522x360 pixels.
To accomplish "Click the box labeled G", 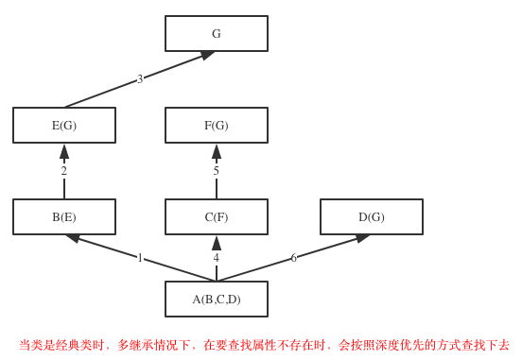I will point(217,34).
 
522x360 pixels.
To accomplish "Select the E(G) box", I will point(64,126).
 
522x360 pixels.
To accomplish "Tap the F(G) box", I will point(217,126).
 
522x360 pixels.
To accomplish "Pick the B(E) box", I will point(64,217).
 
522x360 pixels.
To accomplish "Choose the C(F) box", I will point(217,217).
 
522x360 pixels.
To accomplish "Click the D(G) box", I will point(372,217).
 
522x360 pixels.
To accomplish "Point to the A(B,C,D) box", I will point(217,300).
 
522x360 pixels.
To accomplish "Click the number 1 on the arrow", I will point(140,258).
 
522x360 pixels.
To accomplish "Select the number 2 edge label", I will point(64,171).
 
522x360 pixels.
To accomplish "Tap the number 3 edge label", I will point(140,79).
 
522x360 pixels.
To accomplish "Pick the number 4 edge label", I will point(217,258).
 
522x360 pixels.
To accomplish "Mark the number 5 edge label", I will point(217,171).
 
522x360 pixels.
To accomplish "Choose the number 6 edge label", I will point(294,258).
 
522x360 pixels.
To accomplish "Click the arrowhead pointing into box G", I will point(207,56).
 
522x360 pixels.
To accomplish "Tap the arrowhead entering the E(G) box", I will point(64,151).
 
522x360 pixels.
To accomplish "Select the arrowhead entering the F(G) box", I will point(217,151).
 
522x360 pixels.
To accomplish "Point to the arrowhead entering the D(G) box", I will point(362,238).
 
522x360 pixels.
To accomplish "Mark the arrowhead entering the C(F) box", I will point(217,243).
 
